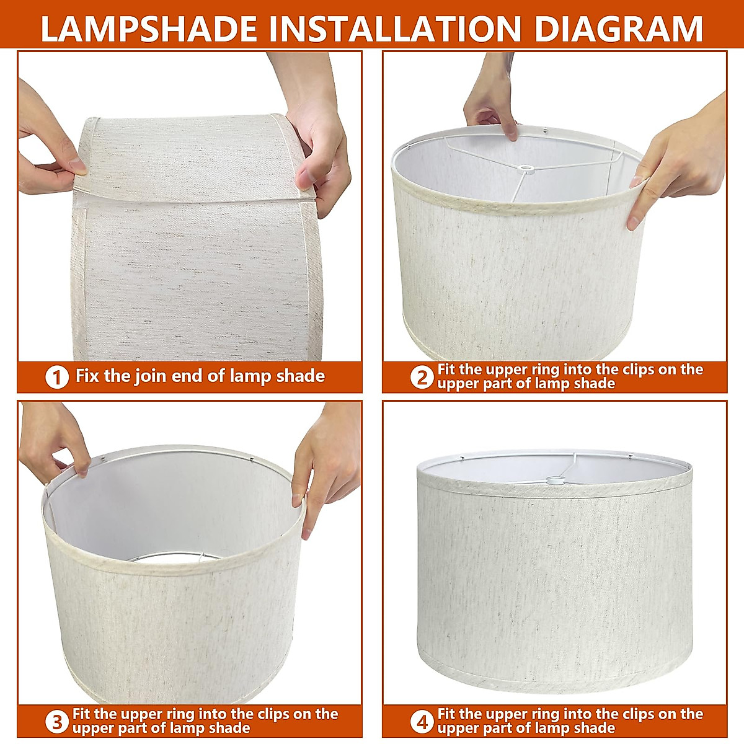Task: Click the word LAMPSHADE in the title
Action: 149,29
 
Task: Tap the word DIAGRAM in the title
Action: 619,29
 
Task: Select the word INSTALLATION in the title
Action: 396,29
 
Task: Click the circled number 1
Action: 57,377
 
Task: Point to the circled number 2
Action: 422,377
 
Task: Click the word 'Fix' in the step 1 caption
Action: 87,376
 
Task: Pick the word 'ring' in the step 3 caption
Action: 180,714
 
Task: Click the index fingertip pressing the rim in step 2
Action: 511,135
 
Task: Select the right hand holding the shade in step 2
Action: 680,162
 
